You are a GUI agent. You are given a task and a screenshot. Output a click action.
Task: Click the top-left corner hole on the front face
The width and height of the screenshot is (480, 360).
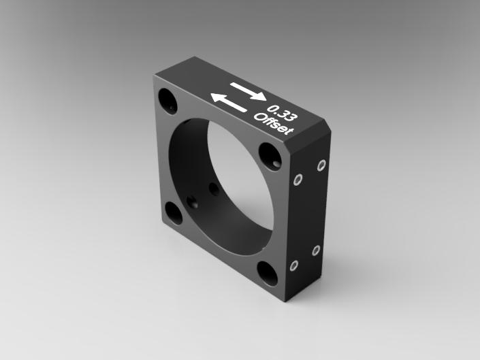tap(167, 101)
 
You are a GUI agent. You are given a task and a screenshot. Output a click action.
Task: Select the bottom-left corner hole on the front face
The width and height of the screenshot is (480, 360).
tap(174, 213)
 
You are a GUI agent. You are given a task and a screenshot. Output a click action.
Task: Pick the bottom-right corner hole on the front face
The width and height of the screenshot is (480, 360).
tap(268, 273)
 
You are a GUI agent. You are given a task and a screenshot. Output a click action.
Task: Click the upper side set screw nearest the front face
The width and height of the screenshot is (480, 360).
tap(298, 180)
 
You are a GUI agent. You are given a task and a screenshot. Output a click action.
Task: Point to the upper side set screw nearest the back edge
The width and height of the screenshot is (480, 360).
tap(321, 165)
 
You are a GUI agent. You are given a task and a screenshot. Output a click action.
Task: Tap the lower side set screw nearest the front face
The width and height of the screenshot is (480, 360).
tap(294, 265)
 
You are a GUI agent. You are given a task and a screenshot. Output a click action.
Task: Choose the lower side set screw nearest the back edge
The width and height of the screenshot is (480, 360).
tap(316, 250)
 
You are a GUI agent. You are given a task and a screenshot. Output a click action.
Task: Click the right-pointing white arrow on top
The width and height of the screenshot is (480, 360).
tap(249, 91)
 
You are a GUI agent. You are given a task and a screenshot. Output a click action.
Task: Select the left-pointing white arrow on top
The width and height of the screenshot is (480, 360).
tap(229, 103)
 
